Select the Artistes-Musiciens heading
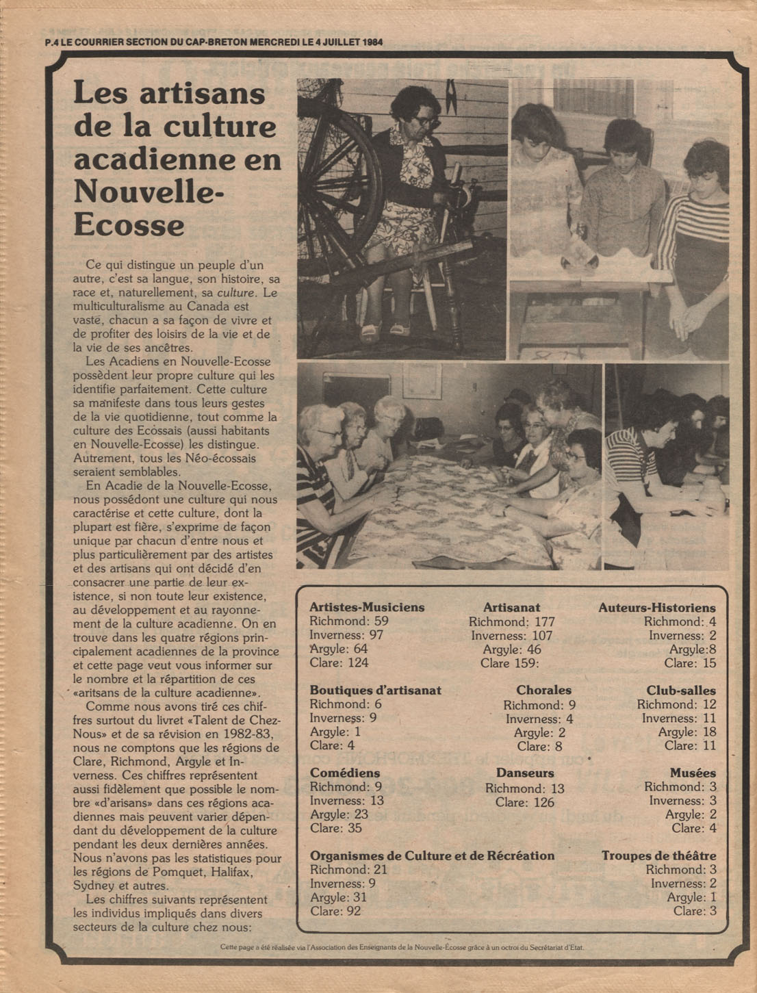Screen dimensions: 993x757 pos(367,607)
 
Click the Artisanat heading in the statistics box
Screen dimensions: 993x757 pos(511,607)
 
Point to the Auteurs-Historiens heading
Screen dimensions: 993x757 pos(656,608)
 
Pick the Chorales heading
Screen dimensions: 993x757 pos(543,690)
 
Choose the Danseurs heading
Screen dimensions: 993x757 pos(525,773)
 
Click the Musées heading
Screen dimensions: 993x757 pos(693,773)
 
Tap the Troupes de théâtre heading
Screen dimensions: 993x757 pos(658,855)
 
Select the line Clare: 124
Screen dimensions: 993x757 pos(339,662)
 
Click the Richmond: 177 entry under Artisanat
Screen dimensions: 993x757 pos(511,621)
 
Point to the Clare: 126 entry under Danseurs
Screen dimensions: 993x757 pos(524,802)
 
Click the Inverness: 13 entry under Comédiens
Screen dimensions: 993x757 pos(346,801)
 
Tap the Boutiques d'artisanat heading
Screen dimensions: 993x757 pos(375,690)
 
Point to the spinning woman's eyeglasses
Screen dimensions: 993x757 pos(426,121)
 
